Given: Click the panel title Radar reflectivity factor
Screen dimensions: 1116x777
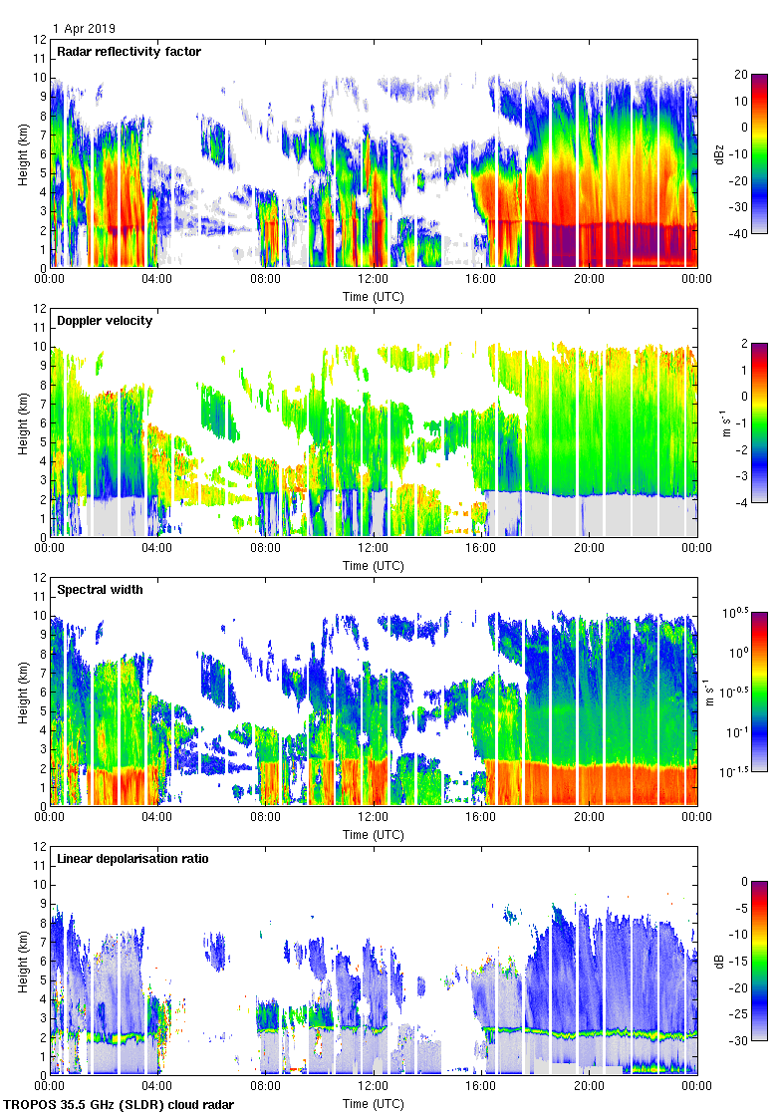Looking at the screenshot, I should pos(129,52).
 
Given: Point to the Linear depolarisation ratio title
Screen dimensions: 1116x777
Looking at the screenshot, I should pos(132,858).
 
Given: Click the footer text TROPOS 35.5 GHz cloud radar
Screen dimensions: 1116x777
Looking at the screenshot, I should pos(120,1105).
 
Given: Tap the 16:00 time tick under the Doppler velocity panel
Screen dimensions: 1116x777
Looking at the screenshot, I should pos(481,547).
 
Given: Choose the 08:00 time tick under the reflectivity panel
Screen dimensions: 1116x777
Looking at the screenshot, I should pos(266,279).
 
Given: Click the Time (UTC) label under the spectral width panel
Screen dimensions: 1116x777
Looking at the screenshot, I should pos(374,834).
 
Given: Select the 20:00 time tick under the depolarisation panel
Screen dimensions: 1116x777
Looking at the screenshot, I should pos(589,1085).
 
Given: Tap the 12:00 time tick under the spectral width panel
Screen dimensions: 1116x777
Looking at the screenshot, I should pos(374,816).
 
